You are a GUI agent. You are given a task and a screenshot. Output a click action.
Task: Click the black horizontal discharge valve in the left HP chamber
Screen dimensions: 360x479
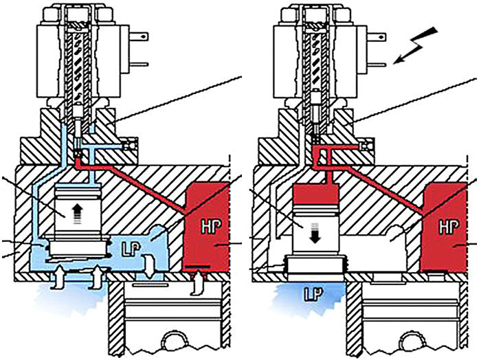(197, 265)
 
